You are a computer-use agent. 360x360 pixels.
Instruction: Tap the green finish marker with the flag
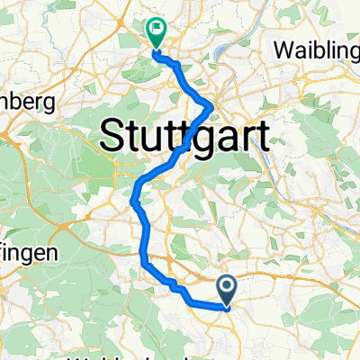point(155,33)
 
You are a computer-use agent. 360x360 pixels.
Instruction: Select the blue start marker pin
point(226,290)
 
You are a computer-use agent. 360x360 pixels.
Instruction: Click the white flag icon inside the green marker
point(156,30)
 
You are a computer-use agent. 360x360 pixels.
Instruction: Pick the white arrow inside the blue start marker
point(226,287)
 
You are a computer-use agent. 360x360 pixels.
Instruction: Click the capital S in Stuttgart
point(110,138)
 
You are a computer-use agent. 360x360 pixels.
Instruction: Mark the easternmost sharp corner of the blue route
point(211,107)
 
